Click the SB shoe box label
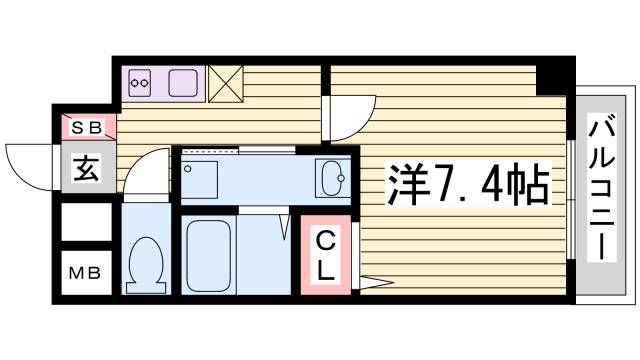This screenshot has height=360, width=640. (84, 127)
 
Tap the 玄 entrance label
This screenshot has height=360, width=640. (85, 170)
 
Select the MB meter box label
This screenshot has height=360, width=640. (84, 272)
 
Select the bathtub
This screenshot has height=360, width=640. (209, 255)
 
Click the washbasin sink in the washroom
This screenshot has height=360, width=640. (330, 178)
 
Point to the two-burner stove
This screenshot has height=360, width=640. (141, 83)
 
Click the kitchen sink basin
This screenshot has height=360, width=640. (183, 82)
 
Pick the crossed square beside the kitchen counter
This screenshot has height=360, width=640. (224, 83)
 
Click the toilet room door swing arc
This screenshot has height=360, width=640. (150, 170)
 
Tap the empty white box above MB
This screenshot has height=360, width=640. (84, 222)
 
